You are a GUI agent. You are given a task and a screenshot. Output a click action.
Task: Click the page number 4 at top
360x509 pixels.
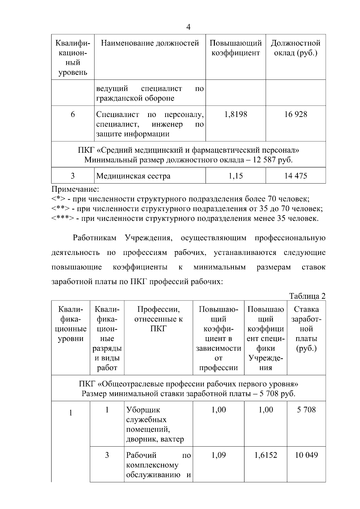point(188,27)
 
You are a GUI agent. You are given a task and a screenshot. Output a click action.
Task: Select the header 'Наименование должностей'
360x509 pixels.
point(150,43)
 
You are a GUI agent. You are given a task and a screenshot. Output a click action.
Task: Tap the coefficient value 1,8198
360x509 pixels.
point(235,114)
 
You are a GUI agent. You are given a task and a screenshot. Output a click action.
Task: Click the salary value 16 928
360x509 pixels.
point(295,114)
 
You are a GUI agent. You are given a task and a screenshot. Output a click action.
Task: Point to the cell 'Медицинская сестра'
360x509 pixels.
point(133,176)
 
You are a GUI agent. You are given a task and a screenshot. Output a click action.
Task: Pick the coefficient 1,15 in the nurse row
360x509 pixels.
point(235,176)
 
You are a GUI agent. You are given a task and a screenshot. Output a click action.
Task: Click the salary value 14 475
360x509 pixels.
point(295,176)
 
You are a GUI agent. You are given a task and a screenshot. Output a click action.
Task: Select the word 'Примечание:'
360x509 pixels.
point(75,189)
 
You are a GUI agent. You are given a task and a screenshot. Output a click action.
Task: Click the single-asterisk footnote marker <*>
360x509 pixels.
point(59,199)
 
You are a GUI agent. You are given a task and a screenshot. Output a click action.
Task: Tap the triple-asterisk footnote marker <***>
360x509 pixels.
point(62,219)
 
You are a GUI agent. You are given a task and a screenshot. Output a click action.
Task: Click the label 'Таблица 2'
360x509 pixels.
point(307,296)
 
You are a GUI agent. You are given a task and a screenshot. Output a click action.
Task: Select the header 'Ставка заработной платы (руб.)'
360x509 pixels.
point(306,329)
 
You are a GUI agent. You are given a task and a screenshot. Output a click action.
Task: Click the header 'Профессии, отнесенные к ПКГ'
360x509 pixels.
point(158,319)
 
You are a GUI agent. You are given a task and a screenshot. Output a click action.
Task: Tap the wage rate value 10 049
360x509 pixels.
point(306,455)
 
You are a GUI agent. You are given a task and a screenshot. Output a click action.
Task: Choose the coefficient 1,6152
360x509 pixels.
point(265,455)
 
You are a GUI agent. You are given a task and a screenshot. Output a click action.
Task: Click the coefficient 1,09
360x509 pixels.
point(218,455)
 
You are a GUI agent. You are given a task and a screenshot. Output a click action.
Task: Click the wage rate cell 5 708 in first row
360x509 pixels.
point(306,410)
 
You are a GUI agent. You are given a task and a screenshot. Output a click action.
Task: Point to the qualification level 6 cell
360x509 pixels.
point(73,114)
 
